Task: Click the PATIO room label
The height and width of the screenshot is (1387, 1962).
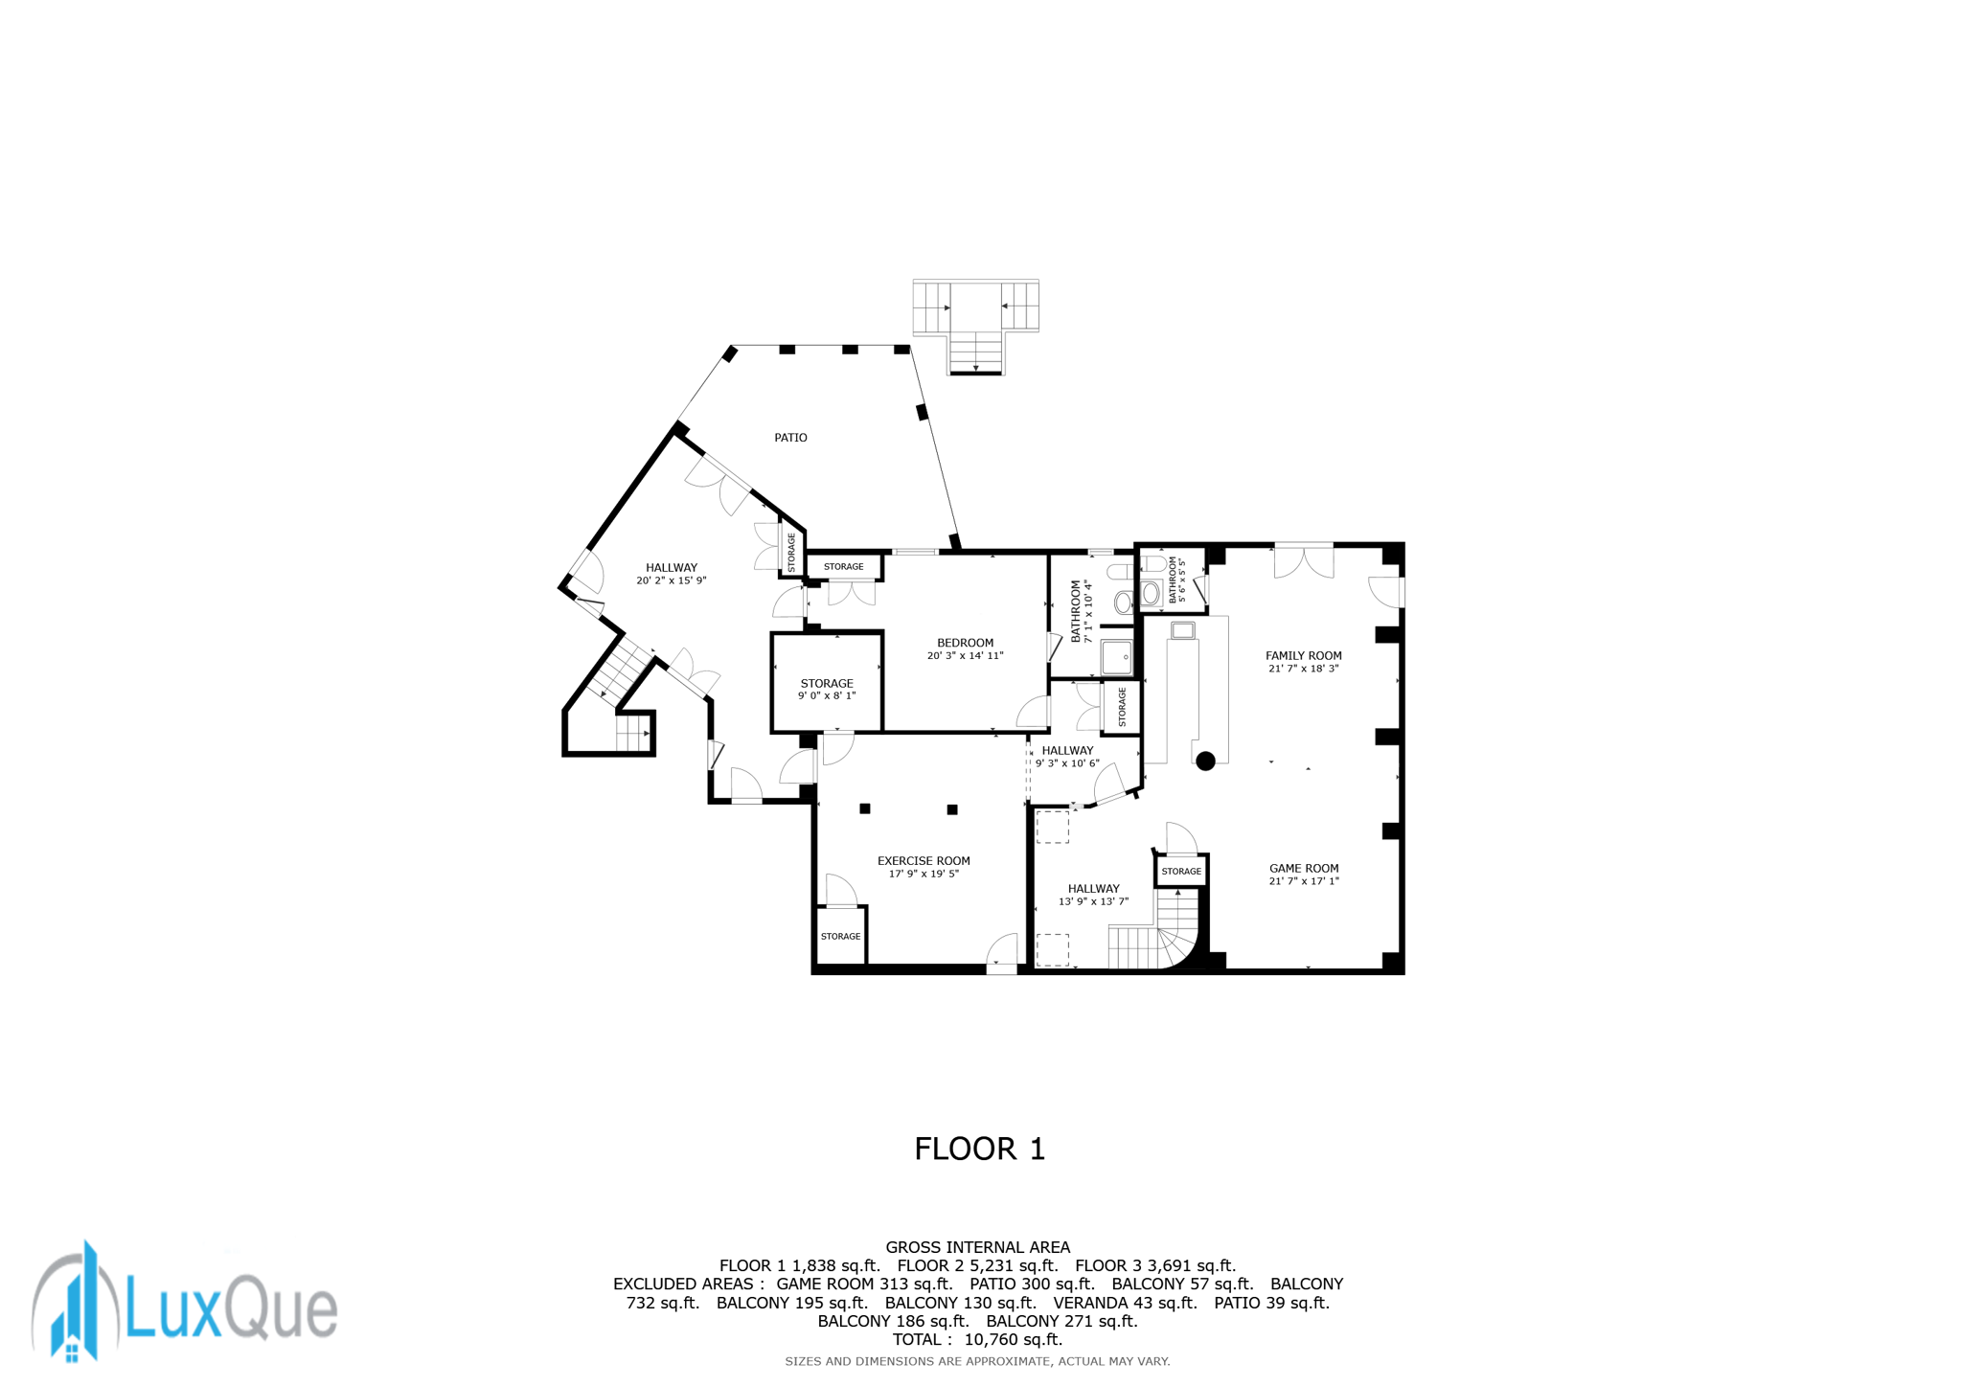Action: [x=790, y=438]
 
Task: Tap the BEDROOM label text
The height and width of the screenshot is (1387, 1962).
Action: [x=965, y=643]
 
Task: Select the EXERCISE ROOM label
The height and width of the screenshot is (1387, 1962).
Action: [x=924, y=861]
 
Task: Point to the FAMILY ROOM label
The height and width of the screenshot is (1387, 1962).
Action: [x=1303, y=656]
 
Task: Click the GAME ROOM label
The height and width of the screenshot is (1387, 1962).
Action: [x=1304, y=869]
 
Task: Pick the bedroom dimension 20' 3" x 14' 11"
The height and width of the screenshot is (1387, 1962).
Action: [x=965, y=656]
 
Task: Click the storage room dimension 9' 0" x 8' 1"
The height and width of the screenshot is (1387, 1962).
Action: [x=827, y=696]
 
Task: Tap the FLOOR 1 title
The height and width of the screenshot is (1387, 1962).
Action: [x=979, y=1148]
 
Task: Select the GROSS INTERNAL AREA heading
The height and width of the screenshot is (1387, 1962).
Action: [x=977, y=1247]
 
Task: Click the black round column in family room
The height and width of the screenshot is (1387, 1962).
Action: [x=1206, y=762]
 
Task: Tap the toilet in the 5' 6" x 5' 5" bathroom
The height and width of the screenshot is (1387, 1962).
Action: [x=1152, y=592]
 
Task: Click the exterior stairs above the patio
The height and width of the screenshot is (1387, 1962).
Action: [x=975, y=326]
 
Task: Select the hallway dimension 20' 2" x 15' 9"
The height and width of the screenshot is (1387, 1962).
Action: [x=671, y=580]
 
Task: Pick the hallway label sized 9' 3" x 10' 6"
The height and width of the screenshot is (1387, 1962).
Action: [x=1067, y=751]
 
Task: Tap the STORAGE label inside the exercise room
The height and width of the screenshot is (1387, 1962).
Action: [x=840, y=937]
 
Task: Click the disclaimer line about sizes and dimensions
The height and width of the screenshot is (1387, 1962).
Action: [x=977, y=1361]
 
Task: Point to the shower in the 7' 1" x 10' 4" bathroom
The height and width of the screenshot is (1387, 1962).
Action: [x=1116, y=658]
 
